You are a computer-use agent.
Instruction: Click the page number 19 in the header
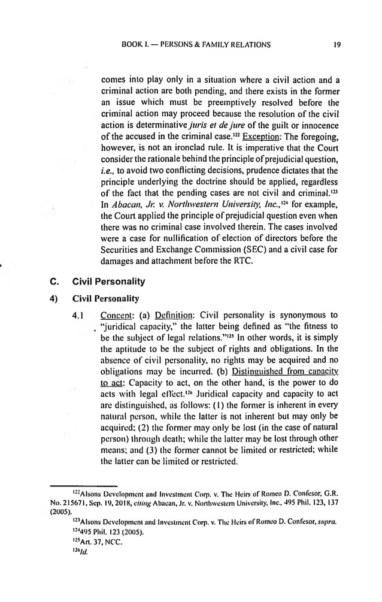pos(337,44)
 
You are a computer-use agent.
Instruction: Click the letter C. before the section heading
pos(51,281)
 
